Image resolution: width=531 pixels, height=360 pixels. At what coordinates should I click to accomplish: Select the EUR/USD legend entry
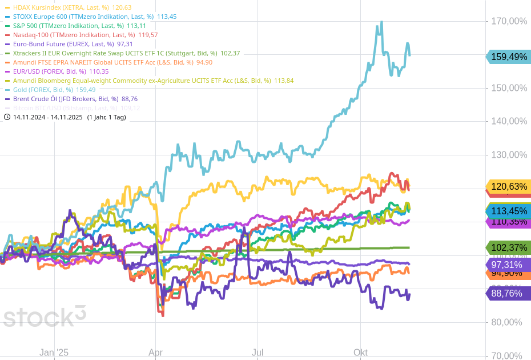click(x=49, y=71)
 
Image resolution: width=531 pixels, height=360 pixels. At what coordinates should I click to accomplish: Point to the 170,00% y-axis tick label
click(x=509, y=21)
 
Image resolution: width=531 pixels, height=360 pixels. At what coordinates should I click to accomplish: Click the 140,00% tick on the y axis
click(x=509, y=121)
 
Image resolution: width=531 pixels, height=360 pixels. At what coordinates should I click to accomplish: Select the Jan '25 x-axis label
click(x=54, y=353)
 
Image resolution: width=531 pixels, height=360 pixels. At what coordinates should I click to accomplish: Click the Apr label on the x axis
click(x=155, y=353)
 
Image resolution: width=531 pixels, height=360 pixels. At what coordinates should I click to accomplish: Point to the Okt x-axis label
click(x=360, y=353)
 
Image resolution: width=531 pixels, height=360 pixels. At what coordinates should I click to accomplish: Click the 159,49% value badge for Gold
click(x=509, y=57)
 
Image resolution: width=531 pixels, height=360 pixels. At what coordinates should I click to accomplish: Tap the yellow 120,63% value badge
click(x=509, y=186)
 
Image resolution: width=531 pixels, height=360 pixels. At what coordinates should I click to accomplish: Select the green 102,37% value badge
click(x=509, y=247)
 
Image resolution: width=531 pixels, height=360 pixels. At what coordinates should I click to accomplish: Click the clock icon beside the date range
click(x=7, y=117)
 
